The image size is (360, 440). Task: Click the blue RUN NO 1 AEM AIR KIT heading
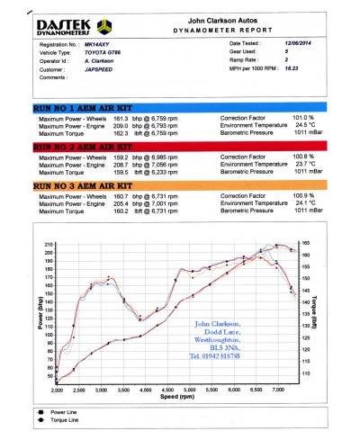[74, 107]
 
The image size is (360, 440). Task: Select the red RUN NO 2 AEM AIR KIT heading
[74, 146]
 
